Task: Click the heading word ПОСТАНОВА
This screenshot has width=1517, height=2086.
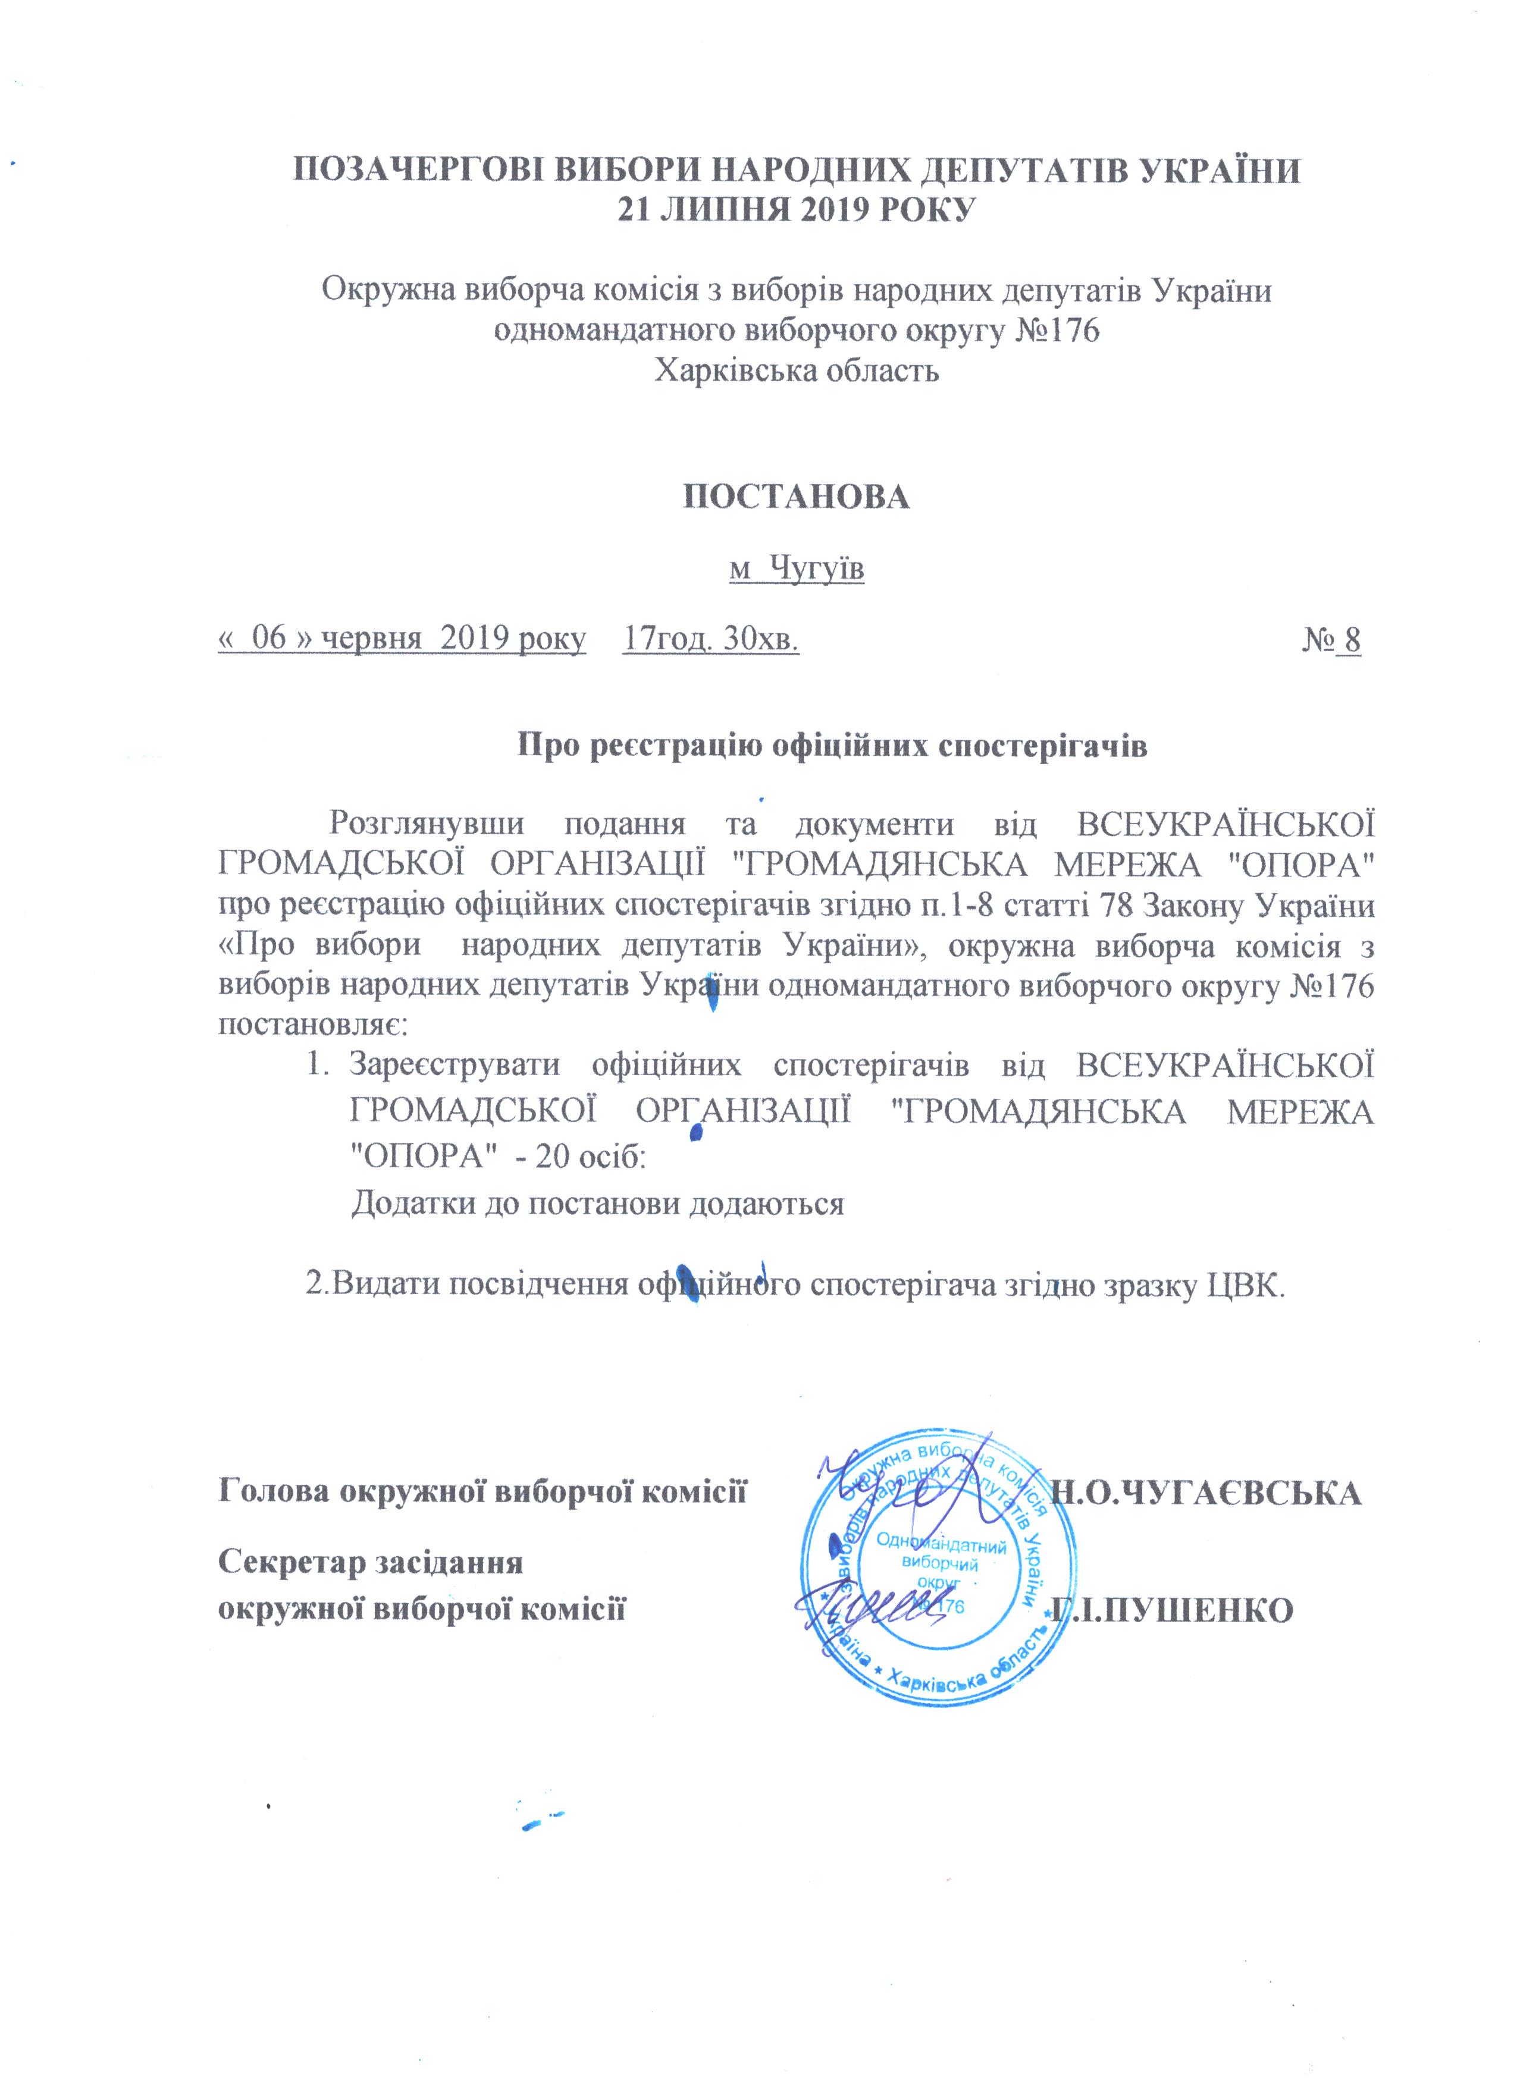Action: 796,497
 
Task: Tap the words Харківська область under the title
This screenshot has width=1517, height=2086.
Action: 796,370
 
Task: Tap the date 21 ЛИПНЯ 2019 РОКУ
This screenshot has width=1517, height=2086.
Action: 796,211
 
